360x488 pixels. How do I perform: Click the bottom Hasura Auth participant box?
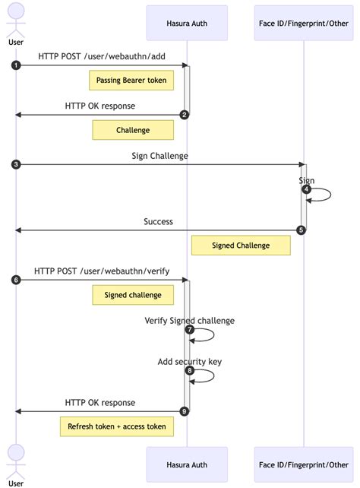point(187,464)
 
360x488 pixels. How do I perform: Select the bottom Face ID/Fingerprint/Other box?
point(303,464)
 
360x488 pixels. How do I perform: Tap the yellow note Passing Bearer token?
point(131,80)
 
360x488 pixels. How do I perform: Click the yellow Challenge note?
point(133,130)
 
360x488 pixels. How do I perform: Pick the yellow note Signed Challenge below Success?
point(241,246)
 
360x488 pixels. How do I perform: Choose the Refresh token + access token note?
point(117,426)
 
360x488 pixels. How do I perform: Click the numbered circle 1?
point(16,65)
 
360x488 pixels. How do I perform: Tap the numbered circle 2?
point(184,115)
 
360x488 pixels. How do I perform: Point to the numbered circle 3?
point(16,164)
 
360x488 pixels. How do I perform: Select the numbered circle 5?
point(301,230)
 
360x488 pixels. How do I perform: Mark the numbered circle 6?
point(16,280)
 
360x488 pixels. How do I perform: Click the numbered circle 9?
point(184,411)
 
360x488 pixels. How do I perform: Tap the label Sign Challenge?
point(159,156)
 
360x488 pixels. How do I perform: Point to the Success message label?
point(158,222)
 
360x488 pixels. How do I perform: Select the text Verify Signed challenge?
point(189,321)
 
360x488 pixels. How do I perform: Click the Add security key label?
point(189,362)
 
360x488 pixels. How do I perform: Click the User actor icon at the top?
point(16,19)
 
